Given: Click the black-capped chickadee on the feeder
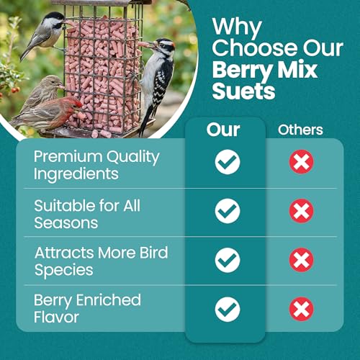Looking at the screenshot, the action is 45,34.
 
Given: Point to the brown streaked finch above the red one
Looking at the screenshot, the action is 42,92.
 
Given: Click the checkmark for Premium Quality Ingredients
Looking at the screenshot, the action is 228,162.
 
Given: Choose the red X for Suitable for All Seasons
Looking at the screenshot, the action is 302,211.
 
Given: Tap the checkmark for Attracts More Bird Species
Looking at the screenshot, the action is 228,260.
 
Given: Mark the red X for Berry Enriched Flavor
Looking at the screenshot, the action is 302,309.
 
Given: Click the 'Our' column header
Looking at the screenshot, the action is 223,130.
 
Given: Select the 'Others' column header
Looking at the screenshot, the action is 300,130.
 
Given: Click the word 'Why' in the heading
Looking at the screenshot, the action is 237,27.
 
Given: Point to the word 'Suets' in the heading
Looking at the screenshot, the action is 243,91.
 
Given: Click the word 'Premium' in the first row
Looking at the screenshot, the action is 68,156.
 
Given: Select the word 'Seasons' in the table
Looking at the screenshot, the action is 66,223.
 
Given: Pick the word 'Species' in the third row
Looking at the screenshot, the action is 64,271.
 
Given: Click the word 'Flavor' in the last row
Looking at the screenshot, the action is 56,317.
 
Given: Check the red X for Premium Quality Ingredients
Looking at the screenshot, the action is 302,162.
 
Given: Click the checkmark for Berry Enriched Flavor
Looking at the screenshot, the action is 228,310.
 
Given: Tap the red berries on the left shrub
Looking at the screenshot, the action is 15,90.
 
